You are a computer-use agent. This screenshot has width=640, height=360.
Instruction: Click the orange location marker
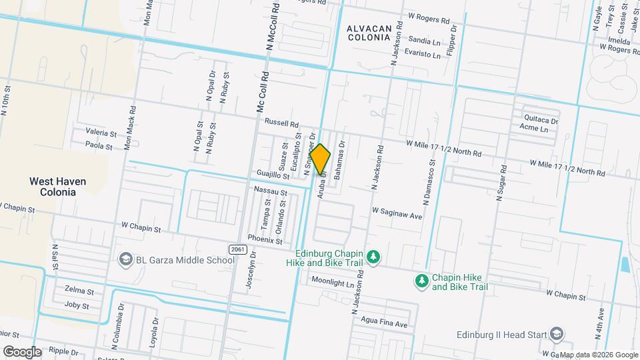point(320,159)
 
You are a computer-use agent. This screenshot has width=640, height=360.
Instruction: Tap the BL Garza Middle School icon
point(125,259)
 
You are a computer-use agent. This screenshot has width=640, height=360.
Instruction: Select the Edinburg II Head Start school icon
point(557,334)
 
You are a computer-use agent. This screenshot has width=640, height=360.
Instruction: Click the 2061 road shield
point(237,249)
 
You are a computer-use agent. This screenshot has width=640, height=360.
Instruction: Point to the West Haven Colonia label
point(52,186)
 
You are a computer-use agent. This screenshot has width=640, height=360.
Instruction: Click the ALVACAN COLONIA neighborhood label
point(368,32)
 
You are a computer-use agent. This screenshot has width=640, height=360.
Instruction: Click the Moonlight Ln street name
point(333,283)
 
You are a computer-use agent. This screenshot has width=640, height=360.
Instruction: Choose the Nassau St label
point(271,192)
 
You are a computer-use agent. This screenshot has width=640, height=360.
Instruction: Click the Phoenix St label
point(265,239)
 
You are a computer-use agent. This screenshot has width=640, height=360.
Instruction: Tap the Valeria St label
point(101,133)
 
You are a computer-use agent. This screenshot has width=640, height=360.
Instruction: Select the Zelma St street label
point(79,290)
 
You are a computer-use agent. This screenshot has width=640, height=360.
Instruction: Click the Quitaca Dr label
point(541,120)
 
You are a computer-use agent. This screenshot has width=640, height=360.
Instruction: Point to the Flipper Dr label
point(453,40)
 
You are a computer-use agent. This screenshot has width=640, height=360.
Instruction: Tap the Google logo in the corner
point(22,351)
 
